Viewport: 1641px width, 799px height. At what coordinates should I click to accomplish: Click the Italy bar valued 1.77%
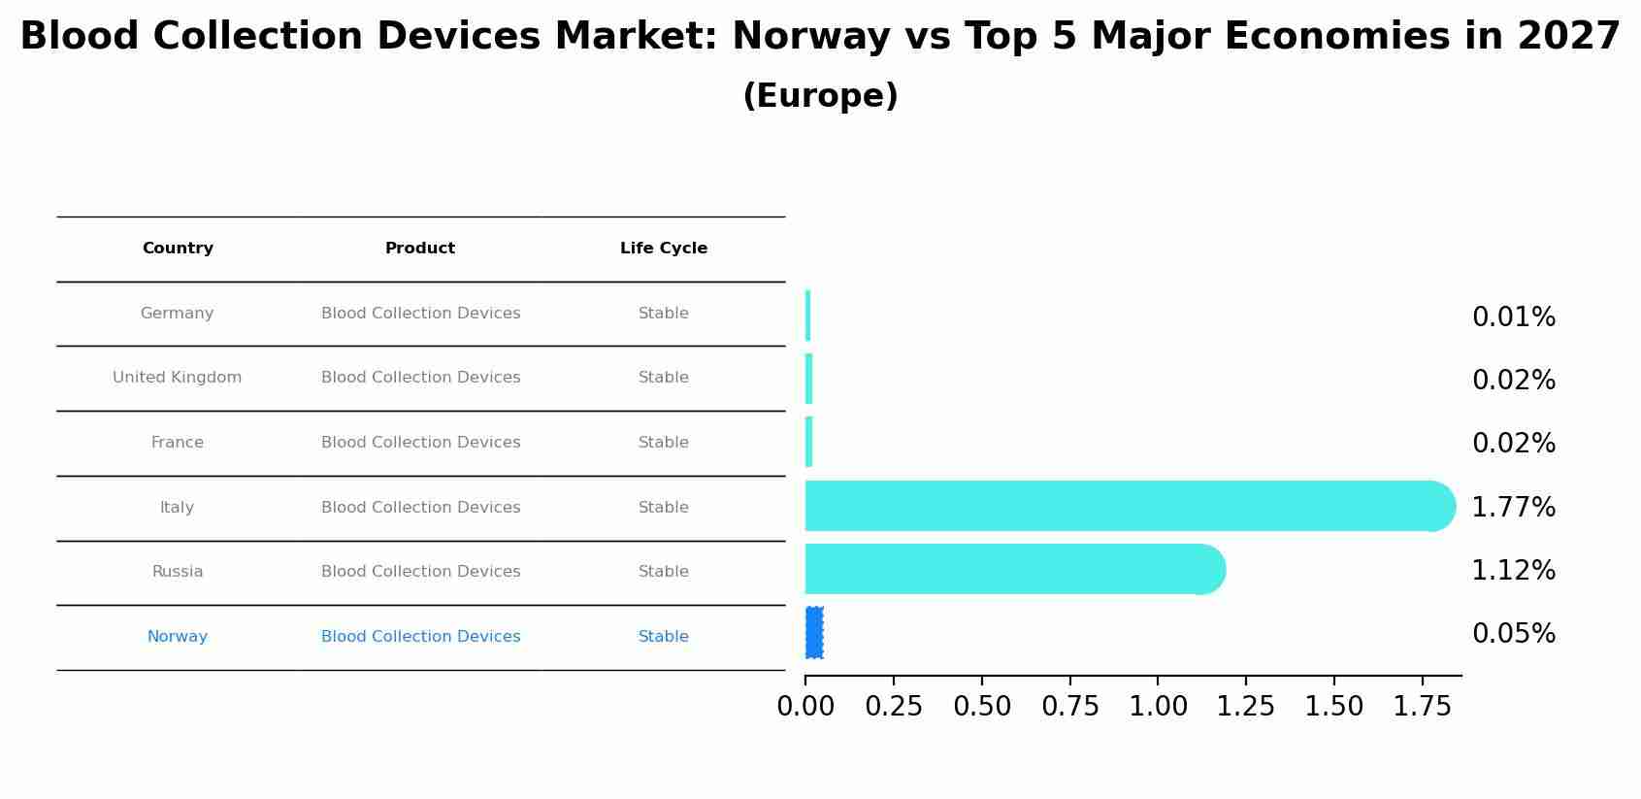(1126, 506)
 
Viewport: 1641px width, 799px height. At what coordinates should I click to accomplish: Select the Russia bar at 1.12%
(1009, 569)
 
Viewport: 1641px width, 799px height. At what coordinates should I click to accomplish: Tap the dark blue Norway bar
(814, 633)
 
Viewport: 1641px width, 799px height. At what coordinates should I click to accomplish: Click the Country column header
(178, 249)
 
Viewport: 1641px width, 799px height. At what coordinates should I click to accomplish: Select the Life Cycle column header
(664, 249)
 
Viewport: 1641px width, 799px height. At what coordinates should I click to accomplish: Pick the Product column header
(420, 249)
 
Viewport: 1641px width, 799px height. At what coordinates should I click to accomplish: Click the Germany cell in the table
(177, 314)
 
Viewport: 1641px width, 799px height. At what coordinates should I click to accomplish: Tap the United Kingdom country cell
(178, 378)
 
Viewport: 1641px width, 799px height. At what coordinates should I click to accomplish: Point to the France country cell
(178, 443)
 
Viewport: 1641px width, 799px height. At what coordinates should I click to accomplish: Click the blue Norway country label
(178, 637)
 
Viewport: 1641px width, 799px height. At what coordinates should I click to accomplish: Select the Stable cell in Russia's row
(664, 572)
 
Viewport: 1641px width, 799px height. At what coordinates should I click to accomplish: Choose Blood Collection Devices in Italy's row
(420, 508)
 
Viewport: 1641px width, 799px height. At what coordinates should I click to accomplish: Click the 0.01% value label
(1513, 317)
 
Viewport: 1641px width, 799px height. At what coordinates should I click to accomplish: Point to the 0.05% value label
(1513, 634)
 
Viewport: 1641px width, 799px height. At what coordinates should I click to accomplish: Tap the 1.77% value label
(1513, 508)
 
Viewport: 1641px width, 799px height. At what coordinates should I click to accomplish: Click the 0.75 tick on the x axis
(1070, 707)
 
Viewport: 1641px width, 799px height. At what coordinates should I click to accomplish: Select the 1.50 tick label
(1334, 707)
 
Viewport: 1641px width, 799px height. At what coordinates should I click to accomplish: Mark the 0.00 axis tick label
(805, 707)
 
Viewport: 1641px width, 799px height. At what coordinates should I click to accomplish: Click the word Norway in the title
(810, 37)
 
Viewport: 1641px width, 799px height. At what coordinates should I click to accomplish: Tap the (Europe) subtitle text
(820, 96)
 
